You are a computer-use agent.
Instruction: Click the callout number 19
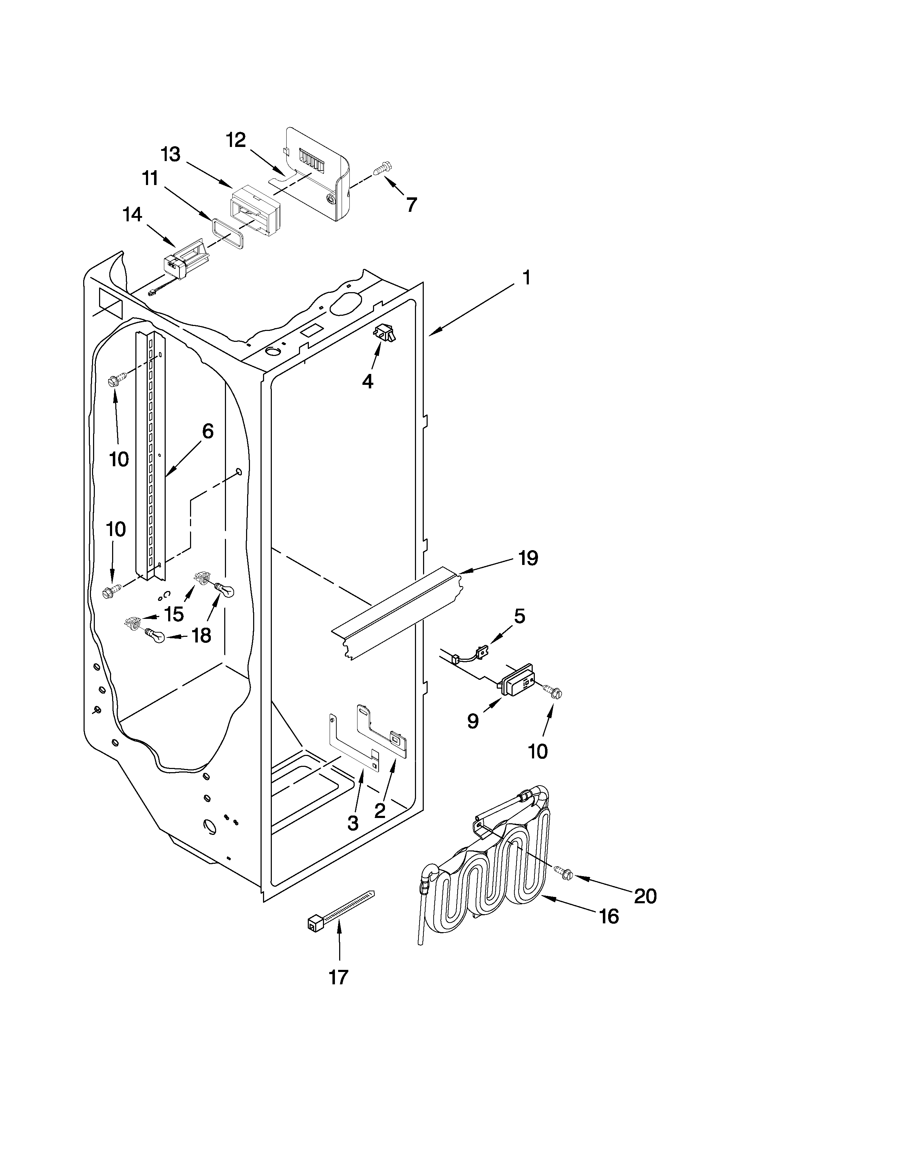click(x=528, y=558)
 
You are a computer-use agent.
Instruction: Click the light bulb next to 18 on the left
click(x=154, y=635)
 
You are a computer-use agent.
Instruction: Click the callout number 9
click(x=472, y=721)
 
